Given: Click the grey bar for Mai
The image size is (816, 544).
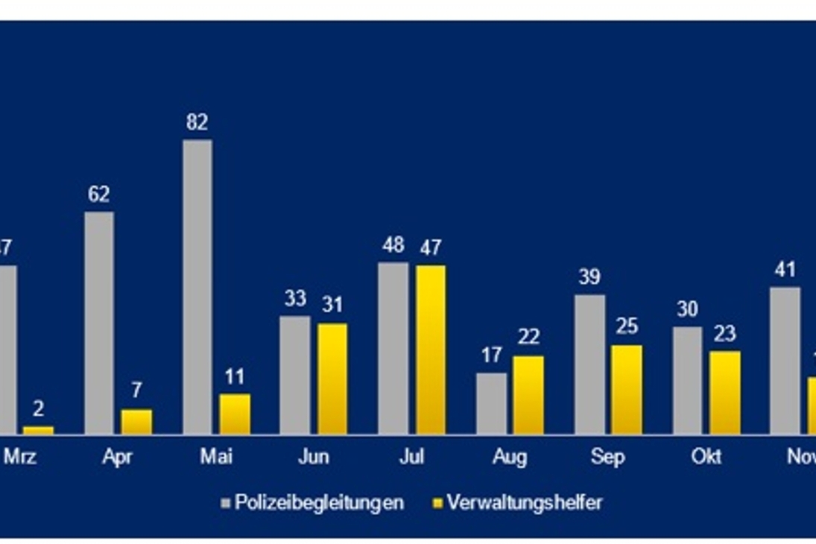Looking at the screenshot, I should pyautogui.click(x=197, y=286).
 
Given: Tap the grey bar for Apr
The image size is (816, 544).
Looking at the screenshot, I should pyautogui.click(x=99, y=322).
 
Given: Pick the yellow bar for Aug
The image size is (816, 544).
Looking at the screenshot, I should pyautogui.click(x=528, y=394).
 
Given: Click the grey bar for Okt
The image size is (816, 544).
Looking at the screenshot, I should pyautogui.click(x=687, y=379).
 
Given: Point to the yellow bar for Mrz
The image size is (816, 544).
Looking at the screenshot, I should pyautogui.click(x=39, y=429).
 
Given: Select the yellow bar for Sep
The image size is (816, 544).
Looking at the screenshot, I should pyautogui.click(x=627, y=389).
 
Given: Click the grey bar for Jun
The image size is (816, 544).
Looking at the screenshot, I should pyautogui.click(x=295, y=374).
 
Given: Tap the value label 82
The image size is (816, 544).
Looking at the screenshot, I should pyautogui.click(x=197, y=122).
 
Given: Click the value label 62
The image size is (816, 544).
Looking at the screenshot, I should pyautogui.click(x=99, y=194).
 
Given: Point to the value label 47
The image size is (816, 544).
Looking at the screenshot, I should pyautogui.click(x=431, y=247).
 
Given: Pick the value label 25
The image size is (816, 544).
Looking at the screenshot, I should pyautogui.click(x=627, y=327).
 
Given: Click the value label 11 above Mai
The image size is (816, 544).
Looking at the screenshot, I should pyautogui.click(x=235, y=376).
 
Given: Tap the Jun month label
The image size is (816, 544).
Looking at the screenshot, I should pyautogui.click(x=313, y=456).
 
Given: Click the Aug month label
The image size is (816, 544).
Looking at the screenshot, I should pyautogui.click(x=510, y=456).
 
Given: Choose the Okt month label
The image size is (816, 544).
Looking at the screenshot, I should pyautogui.click(x=706, y=456).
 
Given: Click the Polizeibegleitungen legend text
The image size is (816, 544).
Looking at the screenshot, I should pyautogui.click(x=319, y=502).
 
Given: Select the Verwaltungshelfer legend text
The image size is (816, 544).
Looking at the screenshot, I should pyautogui.click(x=525, y=502).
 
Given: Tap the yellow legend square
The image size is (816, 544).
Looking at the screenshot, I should pyautogui.click(x=437, y=503).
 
